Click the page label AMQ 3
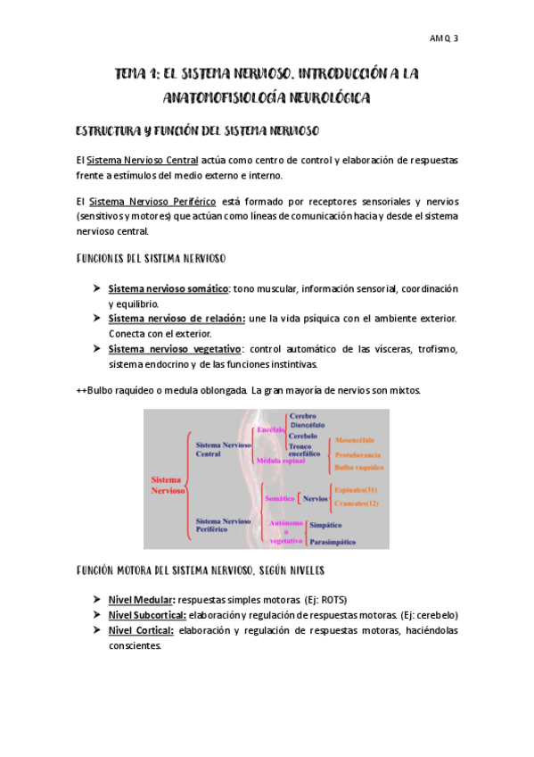443,38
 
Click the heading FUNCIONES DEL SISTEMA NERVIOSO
151,259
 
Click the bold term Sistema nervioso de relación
177,319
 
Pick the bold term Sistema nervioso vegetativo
175,349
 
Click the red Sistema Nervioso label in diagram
168,486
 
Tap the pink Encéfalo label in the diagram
270,430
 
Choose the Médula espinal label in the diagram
279,461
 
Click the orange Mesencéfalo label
355,441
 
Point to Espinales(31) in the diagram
356,490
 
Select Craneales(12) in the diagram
356,503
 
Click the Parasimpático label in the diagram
333,542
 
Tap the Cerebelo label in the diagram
303,436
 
